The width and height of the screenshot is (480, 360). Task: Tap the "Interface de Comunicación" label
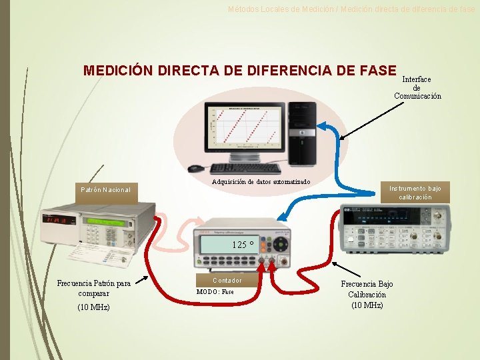click(417, 87)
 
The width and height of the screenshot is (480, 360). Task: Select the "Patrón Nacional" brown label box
click(106, 190)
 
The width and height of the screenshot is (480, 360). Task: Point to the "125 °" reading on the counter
click(243, 244)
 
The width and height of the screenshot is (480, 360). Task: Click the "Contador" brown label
click(227, 281)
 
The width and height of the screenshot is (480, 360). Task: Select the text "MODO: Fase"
click(215, 291)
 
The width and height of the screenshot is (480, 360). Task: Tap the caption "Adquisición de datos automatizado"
click(261, 182)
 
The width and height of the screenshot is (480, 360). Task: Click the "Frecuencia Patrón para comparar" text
click(93, 287)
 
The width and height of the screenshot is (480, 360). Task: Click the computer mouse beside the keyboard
click(195, 169)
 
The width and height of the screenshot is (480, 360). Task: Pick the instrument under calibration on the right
click(394, 226)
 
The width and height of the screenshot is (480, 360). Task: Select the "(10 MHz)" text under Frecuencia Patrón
click(93, 307)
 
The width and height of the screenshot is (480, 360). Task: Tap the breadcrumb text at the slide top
click(351, 9)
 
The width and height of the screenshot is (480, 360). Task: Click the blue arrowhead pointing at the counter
click(283, 215)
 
